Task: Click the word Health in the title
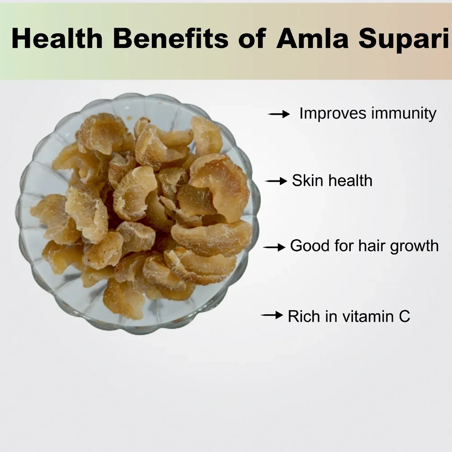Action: point(57,38)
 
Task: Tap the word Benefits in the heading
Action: point(171,38)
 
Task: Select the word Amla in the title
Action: point(312,38)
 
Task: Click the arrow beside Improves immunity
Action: point(279,114)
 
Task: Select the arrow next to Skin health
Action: point(276,181)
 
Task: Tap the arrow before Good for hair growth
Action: point(274,247)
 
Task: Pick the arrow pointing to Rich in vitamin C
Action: point(272,315)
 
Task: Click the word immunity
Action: point(404,114)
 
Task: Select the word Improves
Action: point(333,114)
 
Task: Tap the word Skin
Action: point(308,181)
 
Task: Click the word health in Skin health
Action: point(351,181)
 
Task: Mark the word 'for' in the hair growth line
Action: point(344,246)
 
